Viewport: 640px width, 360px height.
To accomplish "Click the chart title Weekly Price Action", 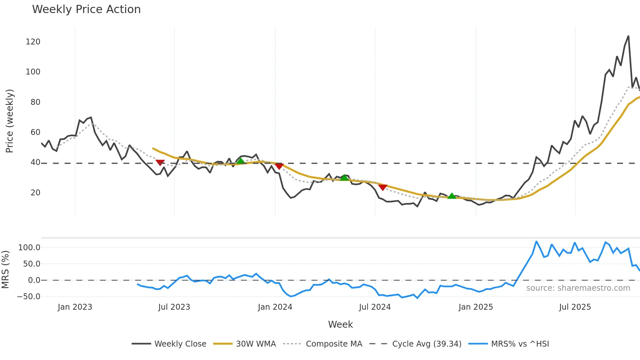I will [86, 9].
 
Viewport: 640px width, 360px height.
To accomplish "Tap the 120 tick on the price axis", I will [33, 42].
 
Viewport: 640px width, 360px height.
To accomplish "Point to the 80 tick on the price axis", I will [35, 102].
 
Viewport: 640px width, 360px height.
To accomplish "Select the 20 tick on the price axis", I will [35, 193].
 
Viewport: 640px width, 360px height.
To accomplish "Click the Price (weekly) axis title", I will [10, 121].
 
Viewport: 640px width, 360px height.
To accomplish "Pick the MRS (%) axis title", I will [5, 270].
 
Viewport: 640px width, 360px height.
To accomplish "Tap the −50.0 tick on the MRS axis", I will [29, 297].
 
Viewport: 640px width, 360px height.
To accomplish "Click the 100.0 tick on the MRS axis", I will [29, 248].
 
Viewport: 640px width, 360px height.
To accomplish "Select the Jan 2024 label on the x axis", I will [275, 307].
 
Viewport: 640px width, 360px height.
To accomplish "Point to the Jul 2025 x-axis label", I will [575, 307].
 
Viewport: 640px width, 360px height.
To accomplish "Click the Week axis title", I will [340, 324].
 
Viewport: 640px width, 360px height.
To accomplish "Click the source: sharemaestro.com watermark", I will [578, 288].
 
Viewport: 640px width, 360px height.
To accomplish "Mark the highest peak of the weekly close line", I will [628, 36].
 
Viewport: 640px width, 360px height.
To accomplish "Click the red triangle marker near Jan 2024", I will [279, 166].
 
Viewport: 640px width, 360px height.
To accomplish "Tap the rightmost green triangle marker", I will [452, 196].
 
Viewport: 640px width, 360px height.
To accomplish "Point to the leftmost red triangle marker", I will [160, 162].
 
